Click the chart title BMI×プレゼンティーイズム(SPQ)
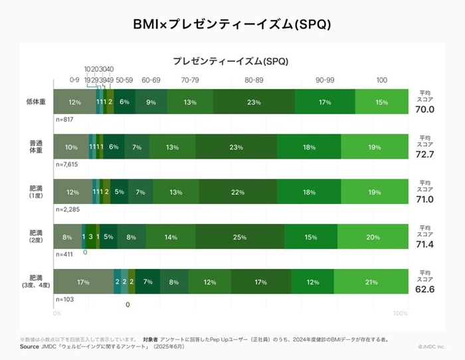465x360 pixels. click(232, 23)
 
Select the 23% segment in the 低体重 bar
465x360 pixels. click(253, 102)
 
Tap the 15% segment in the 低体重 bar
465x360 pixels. click(381, 102)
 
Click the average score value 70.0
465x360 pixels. click(425, 110)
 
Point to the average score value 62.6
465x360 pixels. click(425, 290)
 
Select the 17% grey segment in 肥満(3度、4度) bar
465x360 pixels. click(83, 282)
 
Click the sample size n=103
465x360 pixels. click(65, 300)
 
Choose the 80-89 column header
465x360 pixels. click(254, 80)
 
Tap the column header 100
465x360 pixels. click(381, 80)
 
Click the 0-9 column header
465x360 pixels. click(74, 80)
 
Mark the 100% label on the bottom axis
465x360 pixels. click(401, 313)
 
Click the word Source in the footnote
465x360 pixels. click(29, 347)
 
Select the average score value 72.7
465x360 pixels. click(425, 154)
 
